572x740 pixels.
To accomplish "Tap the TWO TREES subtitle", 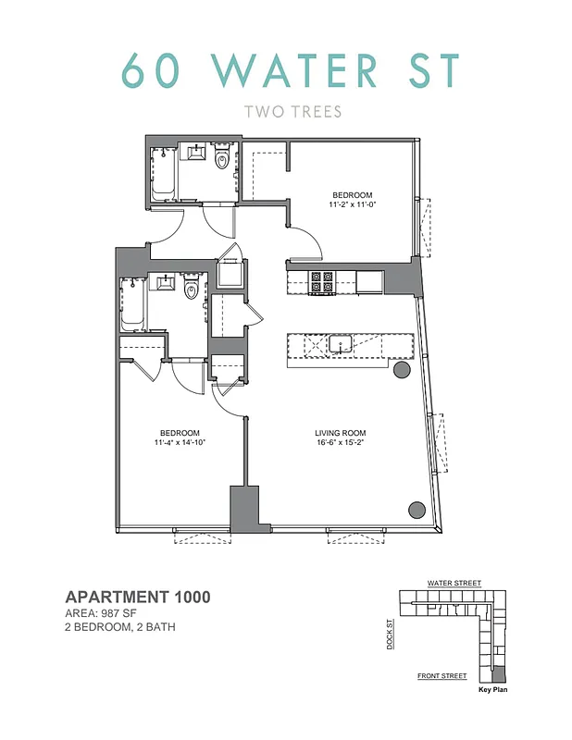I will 292,113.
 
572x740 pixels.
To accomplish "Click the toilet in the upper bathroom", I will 221,162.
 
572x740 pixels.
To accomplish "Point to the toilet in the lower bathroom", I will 192,290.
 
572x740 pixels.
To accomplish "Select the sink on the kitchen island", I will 340,345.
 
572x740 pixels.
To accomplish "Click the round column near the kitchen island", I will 403,370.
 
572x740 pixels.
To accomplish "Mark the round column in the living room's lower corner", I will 417,509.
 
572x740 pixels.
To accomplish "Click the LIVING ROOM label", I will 341,433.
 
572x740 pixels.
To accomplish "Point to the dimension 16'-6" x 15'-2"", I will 341,443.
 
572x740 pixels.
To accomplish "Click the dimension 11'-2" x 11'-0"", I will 352,205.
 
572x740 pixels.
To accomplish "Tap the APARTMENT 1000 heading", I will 138,598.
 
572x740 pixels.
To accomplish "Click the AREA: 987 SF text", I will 105,613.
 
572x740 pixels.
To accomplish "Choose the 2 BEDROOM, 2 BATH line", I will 120,627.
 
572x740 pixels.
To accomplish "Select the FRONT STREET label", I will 441,676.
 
